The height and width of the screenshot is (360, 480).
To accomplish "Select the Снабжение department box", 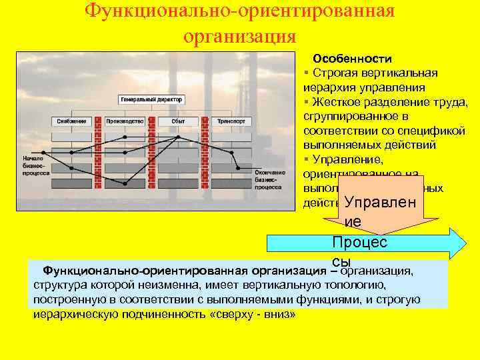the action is [71, 121].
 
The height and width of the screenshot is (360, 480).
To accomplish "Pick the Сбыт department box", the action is [178, 121].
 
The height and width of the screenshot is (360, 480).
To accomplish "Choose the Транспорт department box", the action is [231, 121].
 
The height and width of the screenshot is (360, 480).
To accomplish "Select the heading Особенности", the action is [353, 59].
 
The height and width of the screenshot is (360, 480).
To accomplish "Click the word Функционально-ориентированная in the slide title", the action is [240, 11].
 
